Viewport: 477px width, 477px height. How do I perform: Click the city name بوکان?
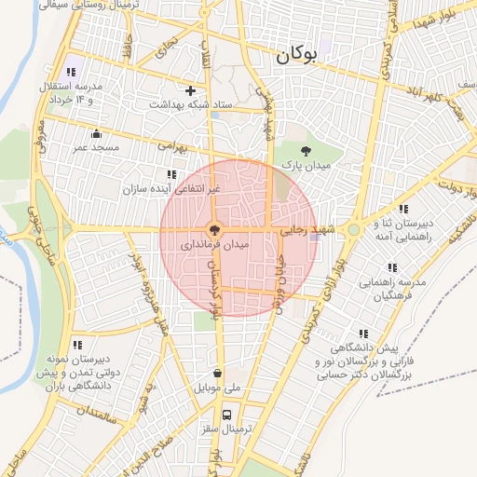click(x=296, y=55)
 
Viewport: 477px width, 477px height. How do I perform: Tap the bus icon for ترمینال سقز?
click(x=226, y=415)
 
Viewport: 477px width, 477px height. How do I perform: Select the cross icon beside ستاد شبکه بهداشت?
click(x=191, y=90)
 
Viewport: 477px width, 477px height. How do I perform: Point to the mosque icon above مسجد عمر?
click(x=95, y=133)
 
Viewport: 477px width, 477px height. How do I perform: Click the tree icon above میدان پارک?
click(x=306, y=152)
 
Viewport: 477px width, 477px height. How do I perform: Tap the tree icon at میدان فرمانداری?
click(x=214, y=229)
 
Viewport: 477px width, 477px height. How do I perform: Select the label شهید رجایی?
click(x=307, y=228)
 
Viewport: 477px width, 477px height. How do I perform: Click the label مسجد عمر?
click(x=95, y=147)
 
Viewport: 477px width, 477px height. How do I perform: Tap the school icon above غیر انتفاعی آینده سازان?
click(x=171, y=174)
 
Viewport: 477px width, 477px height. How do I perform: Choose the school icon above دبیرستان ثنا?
click(x=402, y=209)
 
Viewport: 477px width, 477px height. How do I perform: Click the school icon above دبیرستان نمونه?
click(x=76, y=345)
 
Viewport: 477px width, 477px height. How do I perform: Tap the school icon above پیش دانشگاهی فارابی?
click(x=361, y=333)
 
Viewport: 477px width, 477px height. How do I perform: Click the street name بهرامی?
click(x=172, y=148)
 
